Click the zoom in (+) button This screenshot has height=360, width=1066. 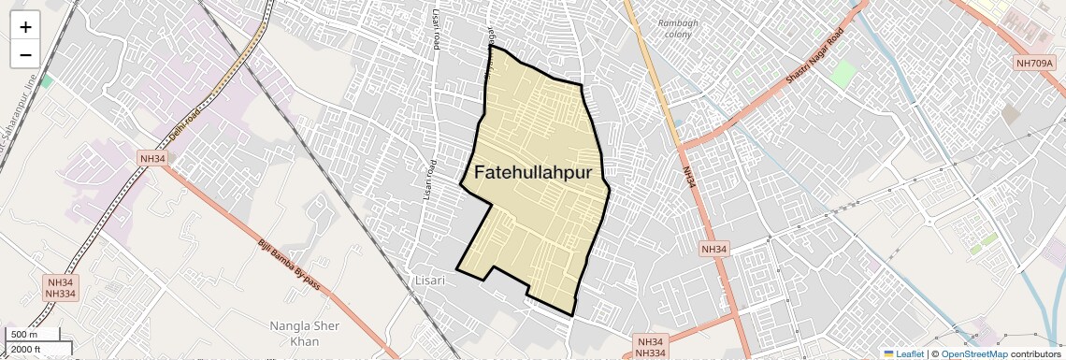pos(25,27)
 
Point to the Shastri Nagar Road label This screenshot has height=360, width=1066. pos(814,57)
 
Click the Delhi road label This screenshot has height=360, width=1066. pos(189,122)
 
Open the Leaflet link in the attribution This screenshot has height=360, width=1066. pos(904,353)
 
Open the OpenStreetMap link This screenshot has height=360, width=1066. pos(973,353)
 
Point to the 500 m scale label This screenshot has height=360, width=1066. pos(24,335)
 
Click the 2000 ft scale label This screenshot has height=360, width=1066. pos(27,349)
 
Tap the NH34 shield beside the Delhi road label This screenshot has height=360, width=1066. pos(151,158)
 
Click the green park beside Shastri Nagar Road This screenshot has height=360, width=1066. pos(843,72)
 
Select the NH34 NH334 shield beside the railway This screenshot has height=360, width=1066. pos(60,287)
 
